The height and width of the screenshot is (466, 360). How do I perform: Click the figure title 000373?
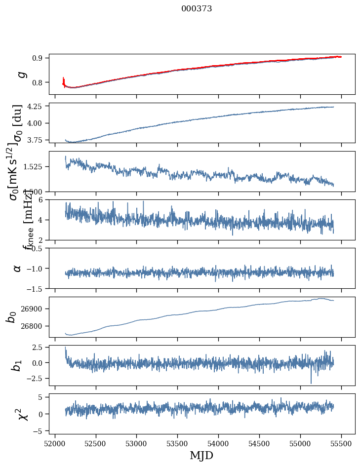point(197,9)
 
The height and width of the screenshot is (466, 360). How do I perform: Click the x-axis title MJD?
point(201,456)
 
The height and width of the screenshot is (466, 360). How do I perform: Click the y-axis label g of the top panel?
point(21,74)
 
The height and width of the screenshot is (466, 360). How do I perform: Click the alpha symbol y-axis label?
point(18,268)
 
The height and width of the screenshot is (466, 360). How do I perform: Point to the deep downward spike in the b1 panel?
point(311,383)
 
